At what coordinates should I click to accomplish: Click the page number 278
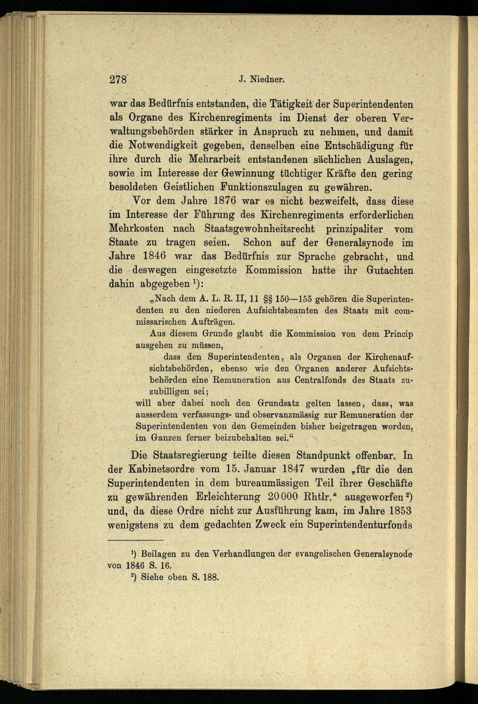[x=118, y=80]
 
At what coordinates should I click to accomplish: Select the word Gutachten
[x=390, y=270]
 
